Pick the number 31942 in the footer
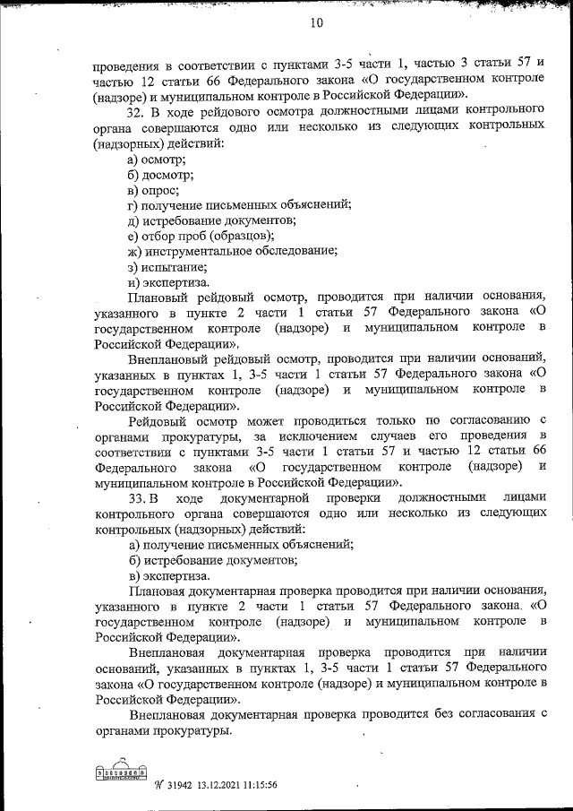point(183,784)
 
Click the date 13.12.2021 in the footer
point(222,784)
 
